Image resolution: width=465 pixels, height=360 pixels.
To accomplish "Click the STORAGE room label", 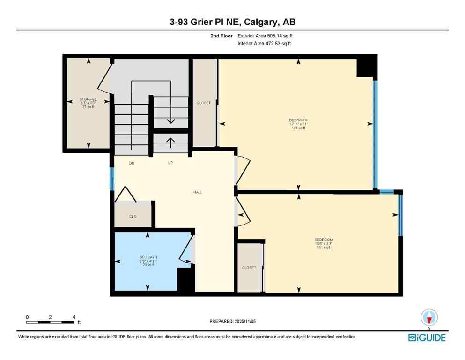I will point(88,99).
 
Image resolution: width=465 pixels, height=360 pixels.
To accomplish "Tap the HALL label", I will point(198,192).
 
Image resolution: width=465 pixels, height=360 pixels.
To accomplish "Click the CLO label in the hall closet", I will point(133,217).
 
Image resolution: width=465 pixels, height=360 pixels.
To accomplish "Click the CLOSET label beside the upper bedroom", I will point(204,103).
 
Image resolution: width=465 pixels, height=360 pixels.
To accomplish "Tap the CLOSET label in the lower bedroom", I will point(249,268).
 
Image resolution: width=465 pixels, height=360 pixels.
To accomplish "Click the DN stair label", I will point(133,163).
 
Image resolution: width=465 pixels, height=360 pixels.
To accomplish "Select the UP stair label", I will point(171,163).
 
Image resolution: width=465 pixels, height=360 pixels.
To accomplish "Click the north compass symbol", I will point(429,318).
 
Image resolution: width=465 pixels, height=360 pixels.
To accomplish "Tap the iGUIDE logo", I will point(426,337).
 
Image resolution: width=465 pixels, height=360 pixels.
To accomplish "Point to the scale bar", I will point(51,322).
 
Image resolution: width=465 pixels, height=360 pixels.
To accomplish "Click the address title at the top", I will point(232,22).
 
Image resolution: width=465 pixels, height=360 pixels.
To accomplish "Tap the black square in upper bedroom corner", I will point(367,66).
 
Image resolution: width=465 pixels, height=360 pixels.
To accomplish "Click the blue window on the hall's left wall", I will point(112,179).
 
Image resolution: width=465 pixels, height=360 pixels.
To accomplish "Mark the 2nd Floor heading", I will point(221,36).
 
